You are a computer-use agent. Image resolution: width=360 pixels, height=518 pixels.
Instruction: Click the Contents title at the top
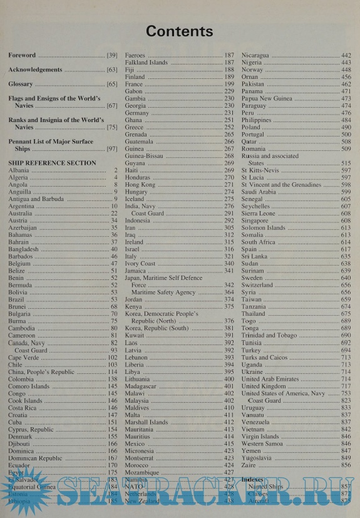pyautogui.click(x=179, y=31)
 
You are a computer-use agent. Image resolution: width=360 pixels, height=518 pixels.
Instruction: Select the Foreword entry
pyautogui.click(x=22, y=56)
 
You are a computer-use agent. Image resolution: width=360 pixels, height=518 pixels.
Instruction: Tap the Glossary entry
pyautogui.click(x=21, y=84)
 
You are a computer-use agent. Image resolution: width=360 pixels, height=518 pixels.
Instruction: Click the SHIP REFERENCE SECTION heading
pyautogui.click(x=52, y=163)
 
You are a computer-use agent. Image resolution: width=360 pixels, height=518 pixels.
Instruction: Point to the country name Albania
pyautogui.click(x=19, y=170)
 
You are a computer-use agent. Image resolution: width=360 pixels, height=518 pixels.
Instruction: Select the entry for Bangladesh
pyautogui.click(x=26, y=249)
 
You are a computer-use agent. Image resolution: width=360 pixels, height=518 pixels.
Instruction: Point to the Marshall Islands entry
pyautogui.click(x=147, y=422)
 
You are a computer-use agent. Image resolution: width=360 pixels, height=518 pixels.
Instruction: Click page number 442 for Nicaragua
pyautogui.click(x=346, y=56)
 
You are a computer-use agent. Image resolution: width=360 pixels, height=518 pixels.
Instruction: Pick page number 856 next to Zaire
pyautogui.click(x=346, y=465)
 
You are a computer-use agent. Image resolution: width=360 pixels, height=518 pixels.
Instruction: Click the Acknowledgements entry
pyautogui.click(x=35, y=70)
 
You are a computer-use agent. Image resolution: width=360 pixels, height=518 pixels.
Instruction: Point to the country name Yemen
pyautogui.click(x=252, y=450)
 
